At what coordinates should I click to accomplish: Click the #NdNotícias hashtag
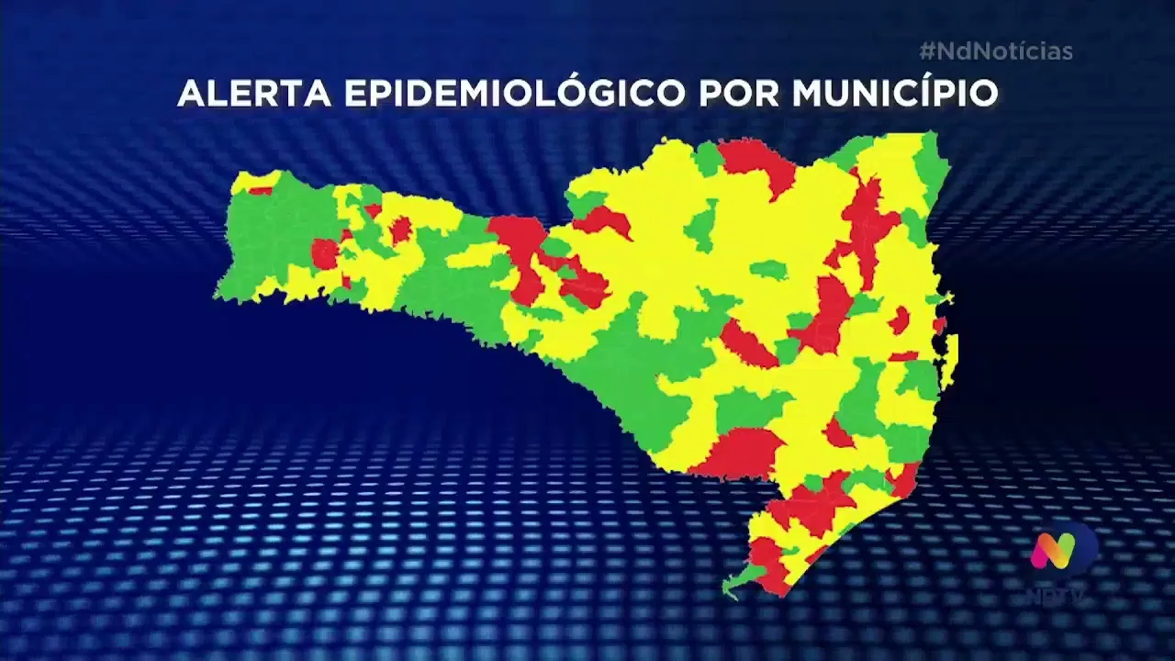tap(995, 51)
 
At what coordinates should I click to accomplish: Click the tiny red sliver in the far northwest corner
tap(260, 191)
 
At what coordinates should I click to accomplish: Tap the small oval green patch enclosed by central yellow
tap(768, 270)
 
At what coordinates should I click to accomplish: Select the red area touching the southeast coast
tap(904, 478)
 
